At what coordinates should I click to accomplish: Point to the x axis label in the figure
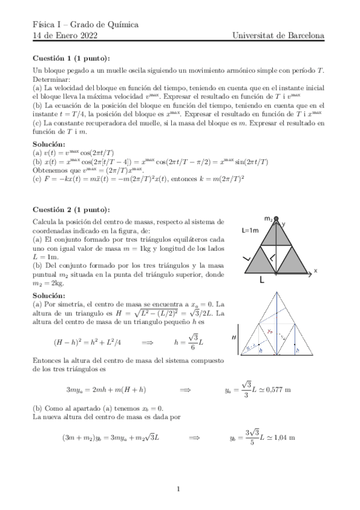(x=315, y=271)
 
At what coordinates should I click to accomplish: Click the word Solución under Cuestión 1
(x=49, y=144)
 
